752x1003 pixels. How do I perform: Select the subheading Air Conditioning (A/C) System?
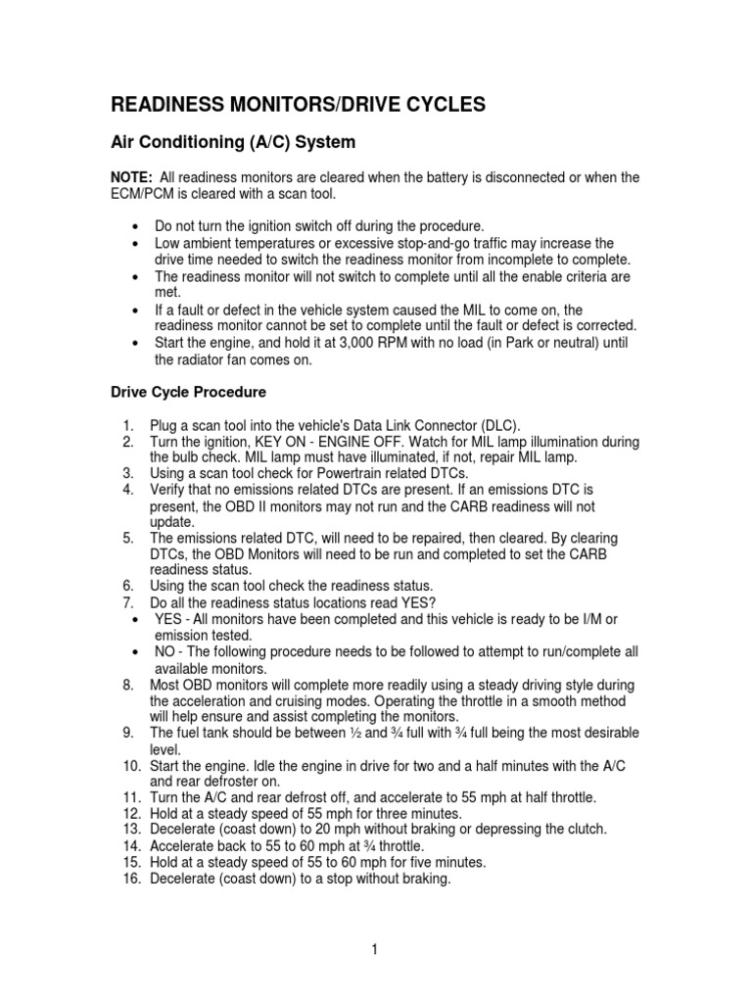click(231, 143)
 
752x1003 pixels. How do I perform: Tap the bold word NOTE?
click(129, 177)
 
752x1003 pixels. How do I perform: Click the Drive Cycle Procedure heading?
click(186, 393)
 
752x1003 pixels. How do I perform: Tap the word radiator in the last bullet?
click(204, 359)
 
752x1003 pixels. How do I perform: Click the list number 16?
click(132, 879)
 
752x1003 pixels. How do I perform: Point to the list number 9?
click(128, 733)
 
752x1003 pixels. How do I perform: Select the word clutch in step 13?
click(584, 829)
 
